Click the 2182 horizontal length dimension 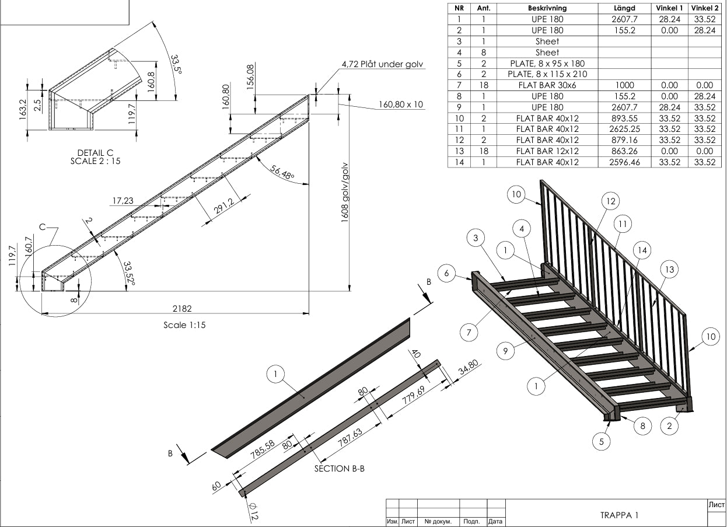click(182, 308)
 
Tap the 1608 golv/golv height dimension click(345, 192)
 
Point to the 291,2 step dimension click(224, 206)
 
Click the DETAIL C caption click(95, 152)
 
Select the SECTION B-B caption click(339, 469)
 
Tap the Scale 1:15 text click(184, 325)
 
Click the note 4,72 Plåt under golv click(382, 64)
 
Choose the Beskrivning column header click(547, 8)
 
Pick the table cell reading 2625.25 click(624, 129)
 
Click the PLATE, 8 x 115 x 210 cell click(547, 74)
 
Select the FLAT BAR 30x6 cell click(547, 85)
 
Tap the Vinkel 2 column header click(705, 8)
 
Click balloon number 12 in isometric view click(610, 201)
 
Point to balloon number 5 click(601, 442)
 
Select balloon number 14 click(642, 250)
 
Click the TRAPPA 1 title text click(619, 515)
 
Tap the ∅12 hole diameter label click(253, 511)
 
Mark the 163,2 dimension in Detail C click(23, 110)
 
